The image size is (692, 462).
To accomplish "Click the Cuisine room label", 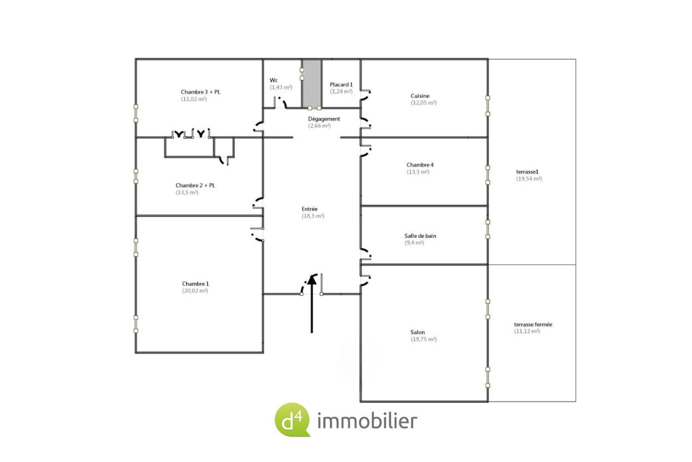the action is pos(420,96).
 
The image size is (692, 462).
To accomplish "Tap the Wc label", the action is pos(273,81).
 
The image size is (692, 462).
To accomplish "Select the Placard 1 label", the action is pos(341,84).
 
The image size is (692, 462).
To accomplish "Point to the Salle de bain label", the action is pos(420,236).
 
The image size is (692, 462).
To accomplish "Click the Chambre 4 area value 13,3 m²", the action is pos(418,172).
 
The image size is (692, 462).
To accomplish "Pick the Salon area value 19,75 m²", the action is pos(424,339).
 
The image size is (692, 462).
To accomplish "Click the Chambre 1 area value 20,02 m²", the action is pos(195,290).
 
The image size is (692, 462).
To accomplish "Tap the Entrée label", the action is pos(309,209).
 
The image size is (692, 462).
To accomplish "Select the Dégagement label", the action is pos(324,119).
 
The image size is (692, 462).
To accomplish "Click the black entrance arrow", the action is pos(312,304).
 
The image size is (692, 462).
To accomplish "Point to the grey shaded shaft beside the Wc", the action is pos(312,83).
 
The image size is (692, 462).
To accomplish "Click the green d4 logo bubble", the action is pos(292,420).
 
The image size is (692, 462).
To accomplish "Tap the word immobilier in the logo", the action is pos(367,421).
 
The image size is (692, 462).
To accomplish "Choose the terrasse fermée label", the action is pos(533,325).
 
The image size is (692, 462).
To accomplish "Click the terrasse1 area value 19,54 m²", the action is pos(529,179).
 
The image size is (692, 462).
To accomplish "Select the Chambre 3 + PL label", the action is pos(201,92).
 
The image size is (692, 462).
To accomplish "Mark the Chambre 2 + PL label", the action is pos(195,185).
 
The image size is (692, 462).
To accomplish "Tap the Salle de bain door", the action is pos(367,253).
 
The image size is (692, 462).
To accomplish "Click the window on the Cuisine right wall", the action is pos(487,106).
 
